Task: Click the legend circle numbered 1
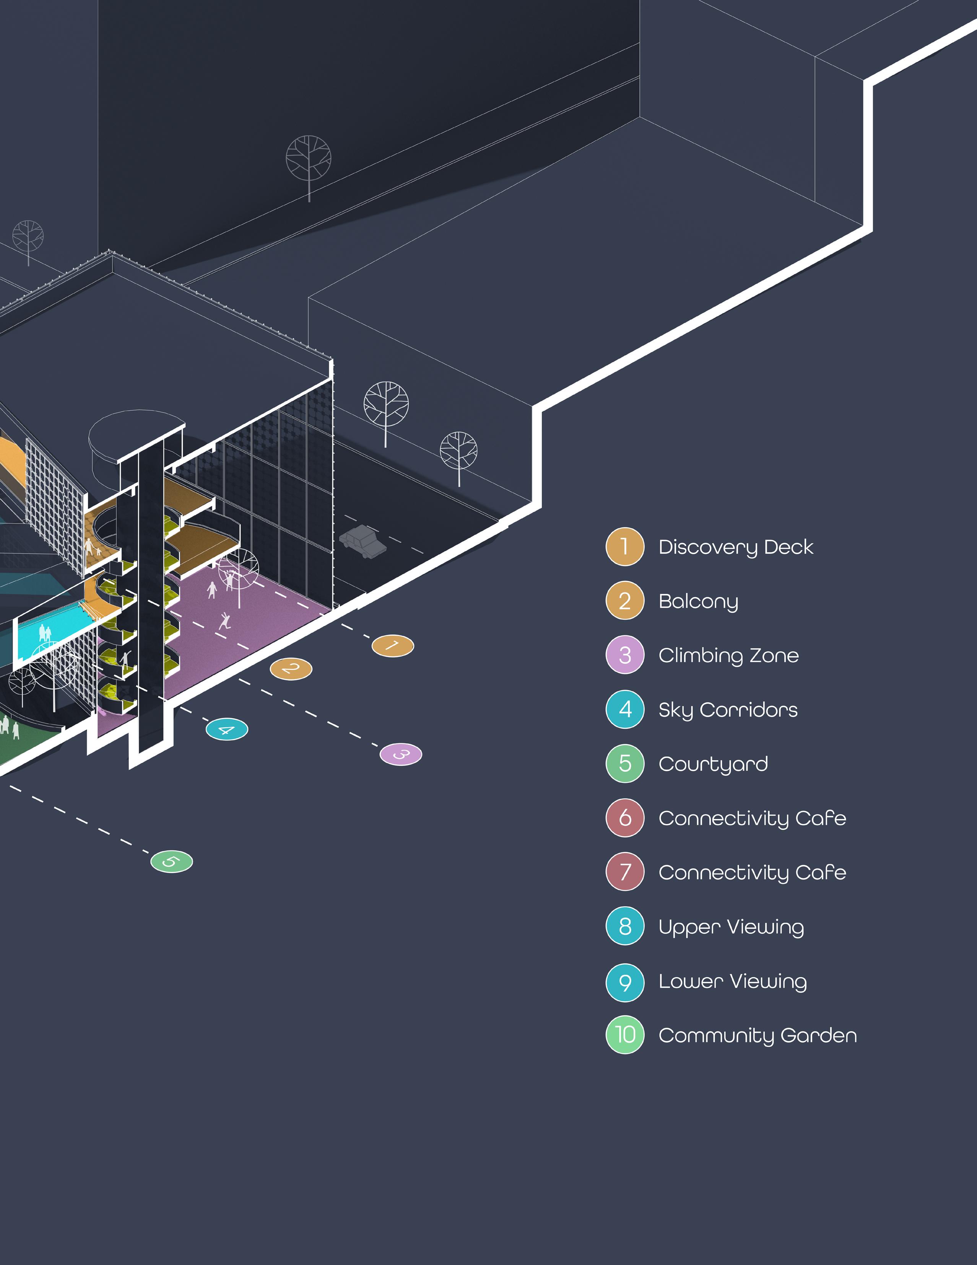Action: (624, 546)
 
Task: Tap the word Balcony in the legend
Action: (698, 602)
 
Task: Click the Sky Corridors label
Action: (728, 710)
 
